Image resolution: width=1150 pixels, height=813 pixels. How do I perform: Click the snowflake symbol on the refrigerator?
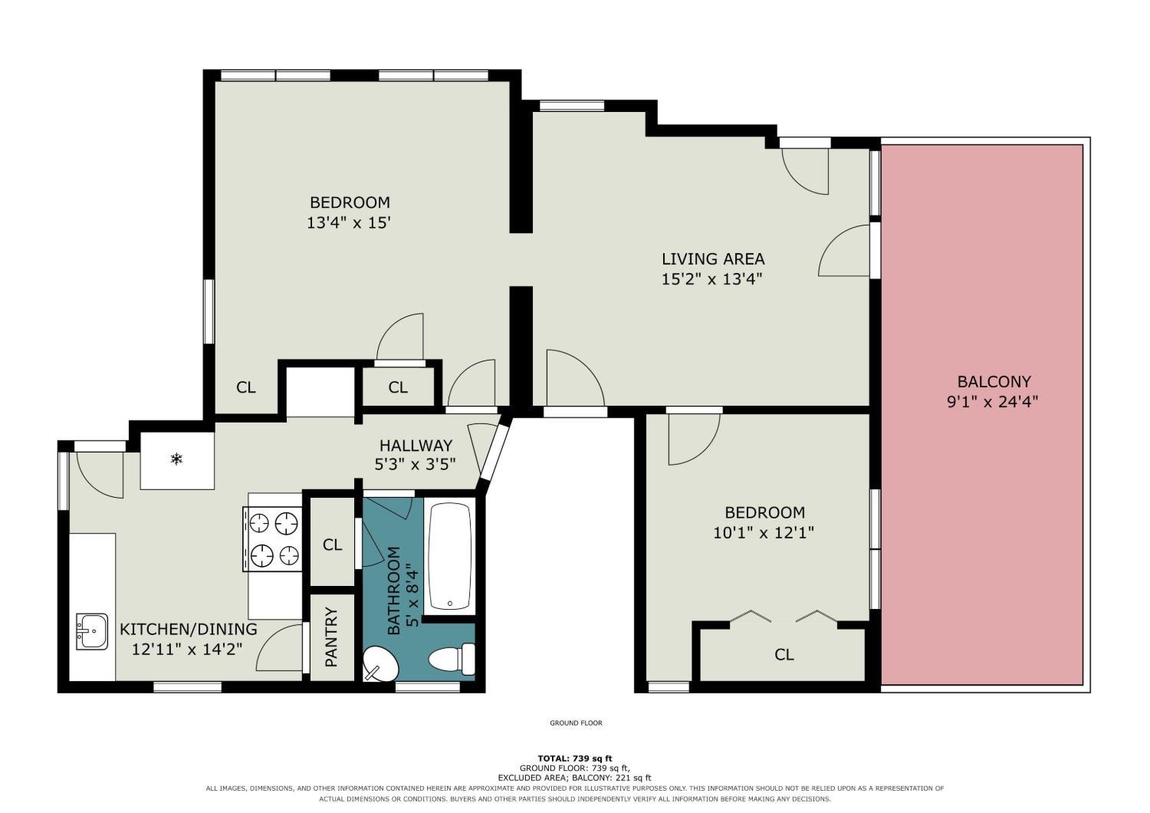[x=176, y=459]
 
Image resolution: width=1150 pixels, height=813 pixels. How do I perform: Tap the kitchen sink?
[x=92, y=631]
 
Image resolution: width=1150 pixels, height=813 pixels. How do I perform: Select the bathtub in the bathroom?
[x=450, y=556]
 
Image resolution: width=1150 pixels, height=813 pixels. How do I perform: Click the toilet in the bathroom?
[x=452, y=660]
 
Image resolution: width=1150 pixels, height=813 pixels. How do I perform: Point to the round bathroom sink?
[x=380, y=663]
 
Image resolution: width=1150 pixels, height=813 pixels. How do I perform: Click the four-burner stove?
[x=273, y=538]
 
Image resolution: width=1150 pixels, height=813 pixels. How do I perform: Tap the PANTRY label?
[x=332, y=637]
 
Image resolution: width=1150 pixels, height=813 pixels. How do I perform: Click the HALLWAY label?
[x=416, y=445]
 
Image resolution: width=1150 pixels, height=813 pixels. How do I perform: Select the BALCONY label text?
[x=994, y=382]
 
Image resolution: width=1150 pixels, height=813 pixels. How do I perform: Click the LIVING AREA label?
[x=713, y=258]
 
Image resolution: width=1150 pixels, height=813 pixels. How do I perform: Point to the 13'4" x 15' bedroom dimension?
[x=349, y=223]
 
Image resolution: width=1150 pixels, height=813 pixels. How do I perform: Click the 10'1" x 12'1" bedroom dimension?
[x=764, y=532]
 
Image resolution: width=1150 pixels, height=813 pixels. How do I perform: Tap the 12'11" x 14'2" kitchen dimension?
[x=187, y=649]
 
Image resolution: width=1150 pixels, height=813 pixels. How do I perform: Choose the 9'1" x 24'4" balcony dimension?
[x=993, y=402]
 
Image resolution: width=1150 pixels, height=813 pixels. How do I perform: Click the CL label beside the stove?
[x=332, y=545]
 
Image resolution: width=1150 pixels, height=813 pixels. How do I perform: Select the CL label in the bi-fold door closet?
[x=784, y=654]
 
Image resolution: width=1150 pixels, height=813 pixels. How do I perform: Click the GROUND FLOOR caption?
[x=576, y=723]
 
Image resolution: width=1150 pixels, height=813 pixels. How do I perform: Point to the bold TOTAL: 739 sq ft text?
[x=575, y=758]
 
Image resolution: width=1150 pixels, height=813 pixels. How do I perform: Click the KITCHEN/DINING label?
[x=189, y=629]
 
